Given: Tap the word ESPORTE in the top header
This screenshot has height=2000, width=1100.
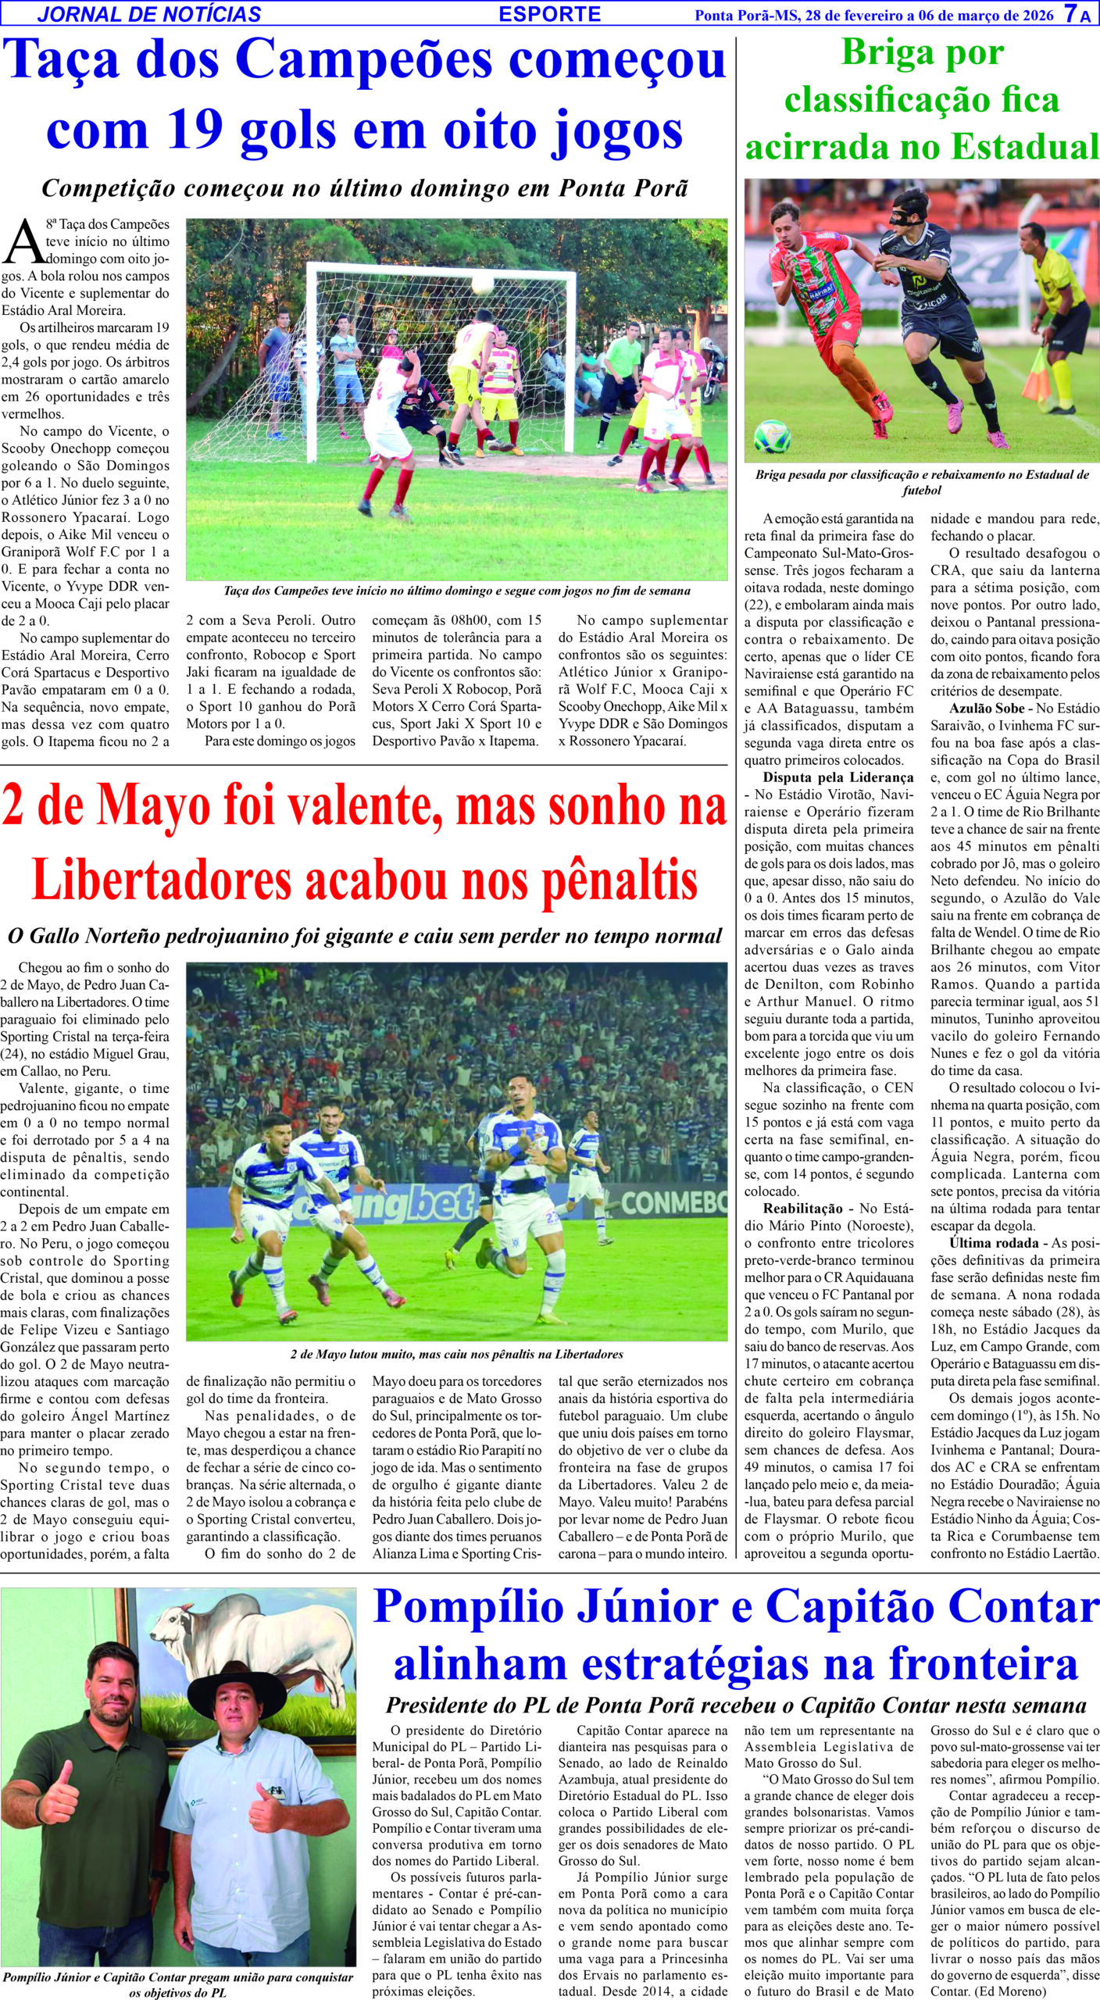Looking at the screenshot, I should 549,14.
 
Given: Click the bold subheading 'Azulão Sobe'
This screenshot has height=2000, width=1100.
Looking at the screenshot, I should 986,709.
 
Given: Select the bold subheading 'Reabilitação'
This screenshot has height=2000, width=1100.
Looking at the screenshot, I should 803,1209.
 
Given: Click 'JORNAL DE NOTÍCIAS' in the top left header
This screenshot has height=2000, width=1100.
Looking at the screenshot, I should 149,14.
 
